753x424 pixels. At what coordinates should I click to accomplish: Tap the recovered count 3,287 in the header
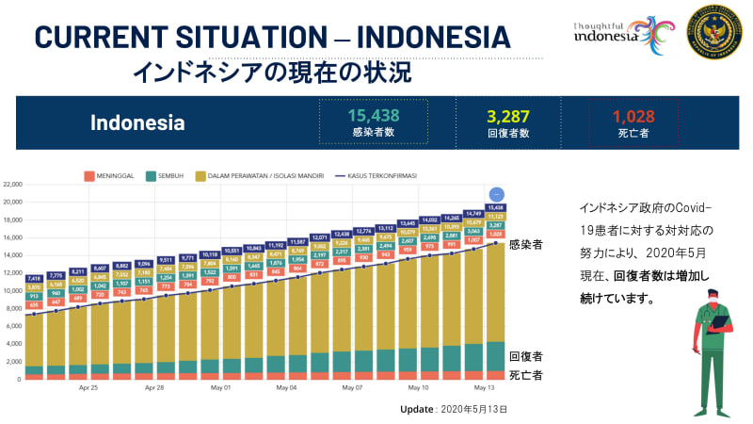508,117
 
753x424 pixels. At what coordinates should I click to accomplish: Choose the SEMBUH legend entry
168,175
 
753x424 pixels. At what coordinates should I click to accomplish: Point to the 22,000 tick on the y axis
12,185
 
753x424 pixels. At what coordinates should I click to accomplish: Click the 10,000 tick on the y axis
12,291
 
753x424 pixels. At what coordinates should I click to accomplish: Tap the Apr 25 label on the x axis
88,387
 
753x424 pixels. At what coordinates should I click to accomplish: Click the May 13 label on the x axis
485,387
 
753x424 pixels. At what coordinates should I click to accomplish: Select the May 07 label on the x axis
353,387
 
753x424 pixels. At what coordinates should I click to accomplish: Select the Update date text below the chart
454,410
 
